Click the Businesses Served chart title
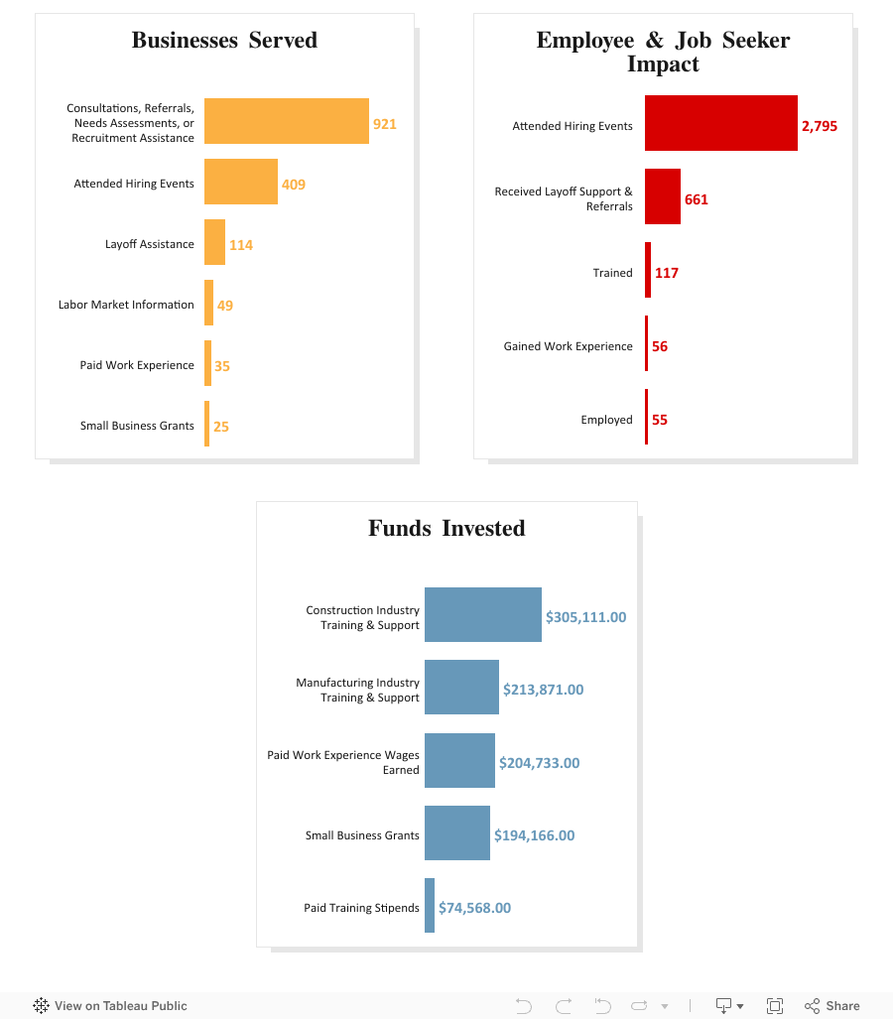click(x=224, y=41)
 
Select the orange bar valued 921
click(x=286, y=121)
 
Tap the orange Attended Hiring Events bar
click(x=240, y=182)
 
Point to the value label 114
click(x=241, y=245)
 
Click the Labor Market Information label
click(x=126, y=305)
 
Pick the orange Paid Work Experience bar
click(x=207, y=363)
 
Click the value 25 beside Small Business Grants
click(x=221, y=427)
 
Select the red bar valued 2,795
click(x=720, y=123)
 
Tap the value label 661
click(x=697, y=199)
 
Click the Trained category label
click(x=612, y=273)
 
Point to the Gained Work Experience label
click(x=568, y=346)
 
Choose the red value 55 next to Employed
click(x=660, y=420)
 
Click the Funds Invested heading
click(x=446, y=529)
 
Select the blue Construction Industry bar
click(x=482, y=614)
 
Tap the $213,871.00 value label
click(x=543, y=690)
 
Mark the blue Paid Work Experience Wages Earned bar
click(x=459, y=760)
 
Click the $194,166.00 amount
click(x=534, y=835)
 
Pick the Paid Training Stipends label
click(x=361, y=908)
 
